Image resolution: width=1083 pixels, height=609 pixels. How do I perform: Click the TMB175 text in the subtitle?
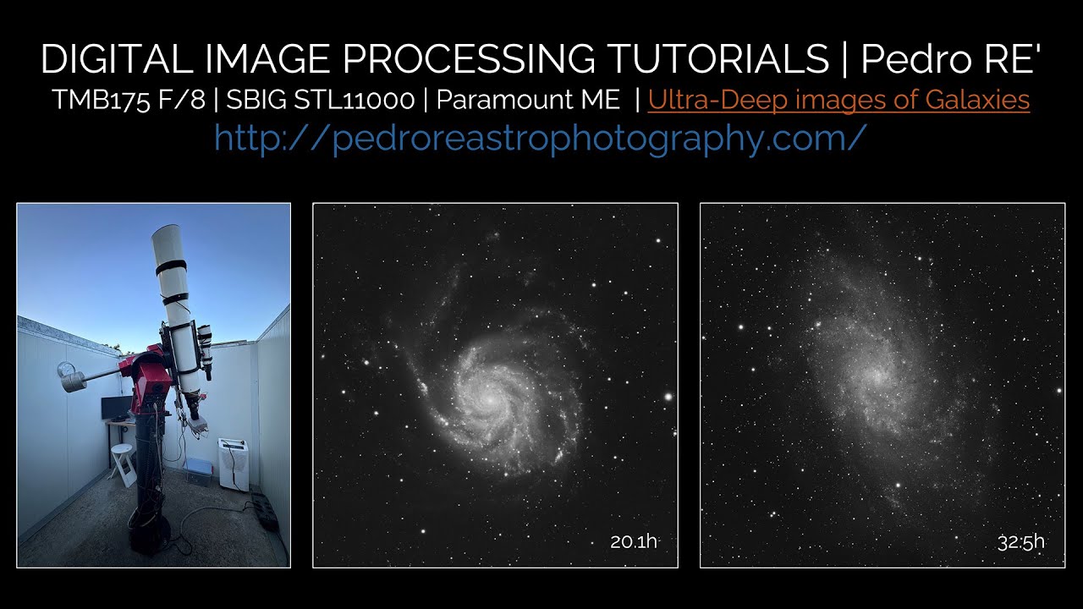[x=94, y=100]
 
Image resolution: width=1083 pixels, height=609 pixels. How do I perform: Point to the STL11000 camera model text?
[x=363, y=100]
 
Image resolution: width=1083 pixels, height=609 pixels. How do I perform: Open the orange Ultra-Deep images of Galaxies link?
[x=838, y=100]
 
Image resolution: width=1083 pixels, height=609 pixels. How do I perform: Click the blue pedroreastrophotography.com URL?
[x=541, y=137]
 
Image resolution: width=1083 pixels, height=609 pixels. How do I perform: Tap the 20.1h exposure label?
[x=633, y=541]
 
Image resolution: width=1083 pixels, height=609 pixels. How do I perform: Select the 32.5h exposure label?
[x=1020, y=541]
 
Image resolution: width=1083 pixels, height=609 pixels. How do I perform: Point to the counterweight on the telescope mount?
[x=71, y=376]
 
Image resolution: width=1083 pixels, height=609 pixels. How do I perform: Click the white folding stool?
[x=124, y=464]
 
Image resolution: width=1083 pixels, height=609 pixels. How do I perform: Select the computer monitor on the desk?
[x=117, y=408]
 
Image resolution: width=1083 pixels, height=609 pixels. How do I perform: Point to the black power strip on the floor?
[x=265, y=511]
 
